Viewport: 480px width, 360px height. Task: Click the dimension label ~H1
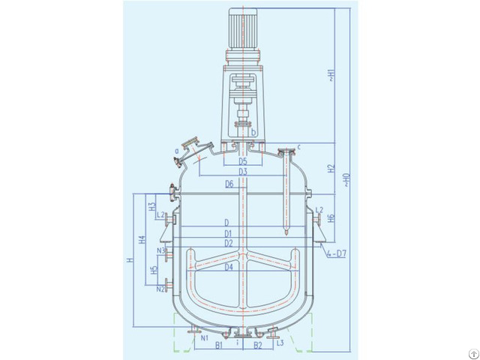pos(331,75)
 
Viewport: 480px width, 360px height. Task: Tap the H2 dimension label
pos(331,169)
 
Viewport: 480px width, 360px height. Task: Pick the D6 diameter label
pos(229,184)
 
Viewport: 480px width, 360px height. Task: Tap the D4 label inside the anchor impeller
pos(229,266)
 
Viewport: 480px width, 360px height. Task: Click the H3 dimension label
pos(151,205)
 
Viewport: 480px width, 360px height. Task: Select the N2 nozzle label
pos(160,289)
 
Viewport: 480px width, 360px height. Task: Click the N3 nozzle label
pos(160,250)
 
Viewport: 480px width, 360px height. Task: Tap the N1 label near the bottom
pos(204,338)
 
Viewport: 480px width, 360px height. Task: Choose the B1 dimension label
pos(219,346)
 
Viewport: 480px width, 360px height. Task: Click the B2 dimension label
pos(256,346)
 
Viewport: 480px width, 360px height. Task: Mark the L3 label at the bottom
pos(279,343)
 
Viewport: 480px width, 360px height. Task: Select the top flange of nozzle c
pos(286,151)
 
